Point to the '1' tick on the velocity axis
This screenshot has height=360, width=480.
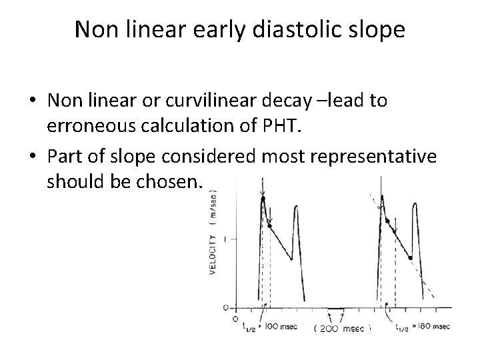coord(227,239)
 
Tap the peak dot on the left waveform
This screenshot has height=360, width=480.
coord(263,198)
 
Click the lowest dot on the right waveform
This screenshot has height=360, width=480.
coord(411,257)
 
